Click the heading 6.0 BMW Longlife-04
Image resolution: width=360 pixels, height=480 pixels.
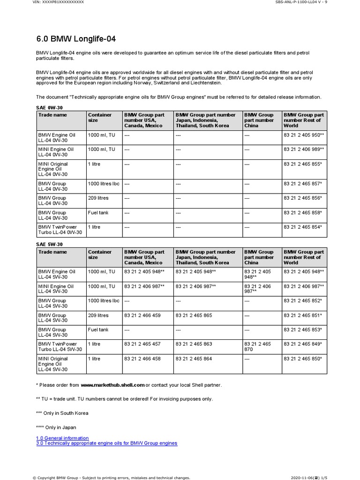[76, 38]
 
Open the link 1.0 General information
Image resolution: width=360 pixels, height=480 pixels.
[62, 438]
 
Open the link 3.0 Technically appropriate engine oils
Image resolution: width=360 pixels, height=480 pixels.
[107, 443]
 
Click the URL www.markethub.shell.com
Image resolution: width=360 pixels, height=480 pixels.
[112, 385]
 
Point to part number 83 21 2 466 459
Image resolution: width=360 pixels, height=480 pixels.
[142, 315]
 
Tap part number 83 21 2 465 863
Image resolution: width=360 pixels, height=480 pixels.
[194, 344]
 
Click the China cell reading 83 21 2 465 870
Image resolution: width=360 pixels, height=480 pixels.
[257, 347]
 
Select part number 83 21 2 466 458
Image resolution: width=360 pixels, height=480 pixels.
[142, 359]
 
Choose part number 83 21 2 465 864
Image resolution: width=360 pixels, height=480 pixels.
[194, 359]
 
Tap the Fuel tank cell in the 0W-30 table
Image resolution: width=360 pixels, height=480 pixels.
[98, 213]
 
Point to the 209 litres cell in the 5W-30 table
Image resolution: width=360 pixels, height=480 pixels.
[98, 315]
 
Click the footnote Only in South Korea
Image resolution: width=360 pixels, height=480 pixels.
[62, 413]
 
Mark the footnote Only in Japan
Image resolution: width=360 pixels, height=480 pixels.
[56, 427]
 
